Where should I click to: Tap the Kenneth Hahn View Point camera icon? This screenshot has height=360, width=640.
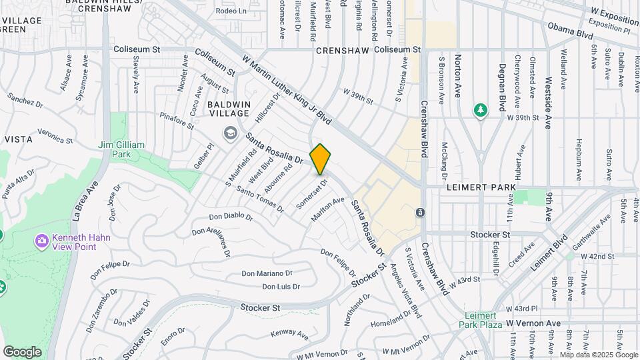(x=42, y=239)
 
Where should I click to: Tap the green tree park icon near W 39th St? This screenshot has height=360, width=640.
(x=479, y=110)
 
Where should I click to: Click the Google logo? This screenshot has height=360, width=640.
(x=22, y=351)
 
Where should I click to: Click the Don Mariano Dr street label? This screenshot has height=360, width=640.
(x=267, y=273)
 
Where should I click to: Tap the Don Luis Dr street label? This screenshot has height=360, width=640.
(x=281, y=287)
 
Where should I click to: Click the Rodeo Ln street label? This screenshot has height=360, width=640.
(x=231, y=11)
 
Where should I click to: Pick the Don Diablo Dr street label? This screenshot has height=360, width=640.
(x=230, y=217)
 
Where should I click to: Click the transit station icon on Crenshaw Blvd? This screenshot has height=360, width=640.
(x=421, y=213)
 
